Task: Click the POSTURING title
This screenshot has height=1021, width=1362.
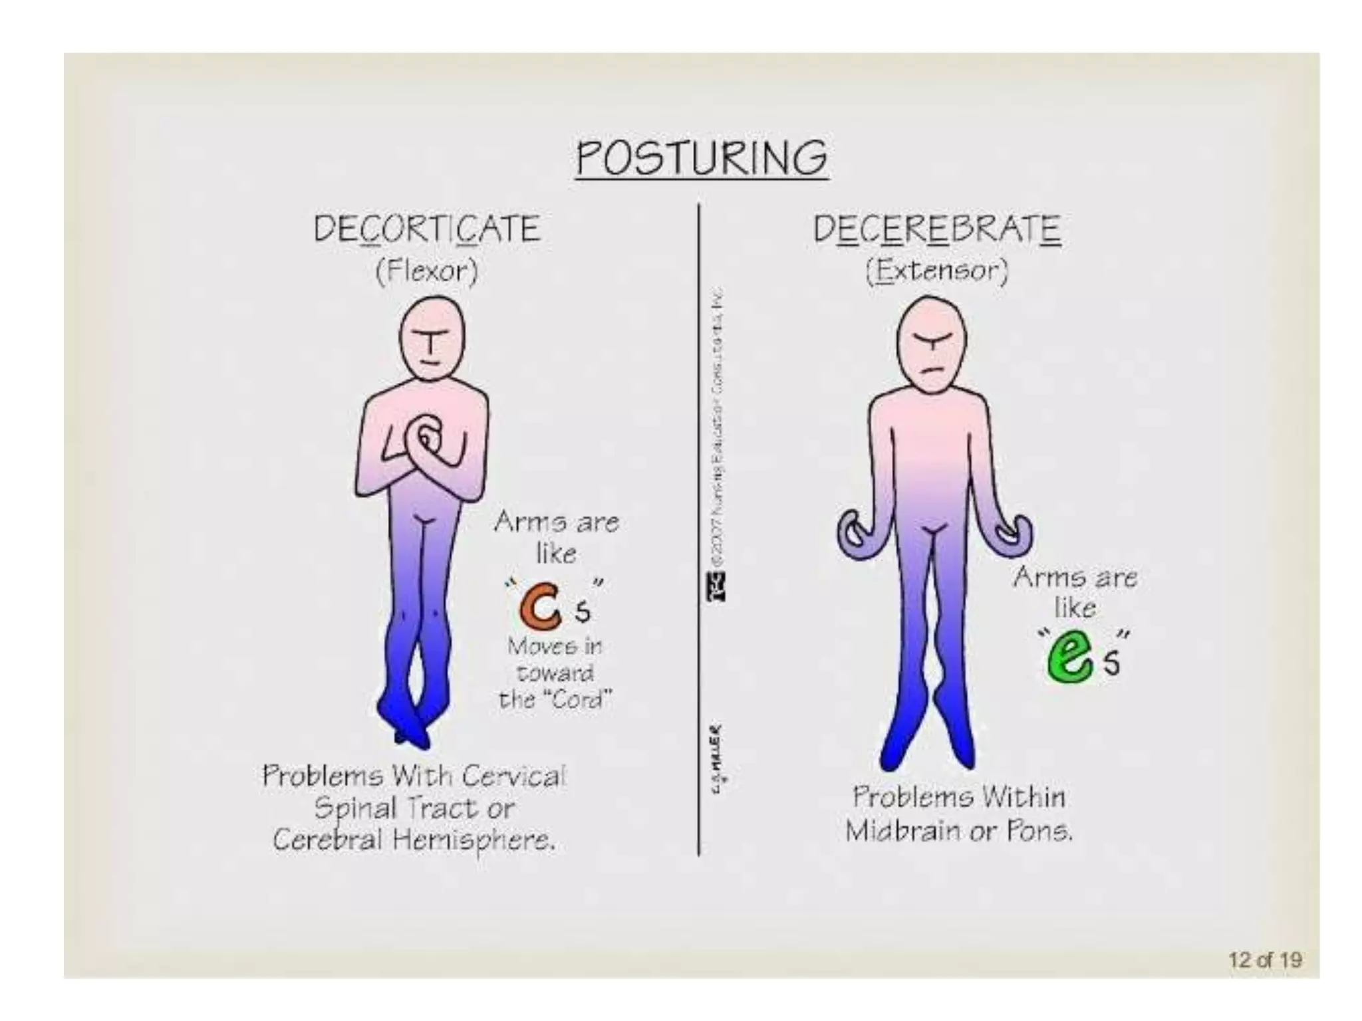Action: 702,158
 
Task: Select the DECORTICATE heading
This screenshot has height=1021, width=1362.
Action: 426,229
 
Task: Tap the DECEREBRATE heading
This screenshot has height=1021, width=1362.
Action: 936,229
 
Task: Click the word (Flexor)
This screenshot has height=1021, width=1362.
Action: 426,271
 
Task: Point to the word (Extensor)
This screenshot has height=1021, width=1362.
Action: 936,271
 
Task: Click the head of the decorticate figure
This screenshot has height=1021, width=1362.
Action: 432,340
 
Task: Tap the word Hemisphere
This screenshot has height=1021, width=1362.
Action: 472,842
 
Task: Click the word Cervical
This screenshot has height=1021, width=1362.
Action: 513,775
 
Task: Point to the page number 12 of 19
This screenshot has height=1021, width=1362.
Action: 1264,960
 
